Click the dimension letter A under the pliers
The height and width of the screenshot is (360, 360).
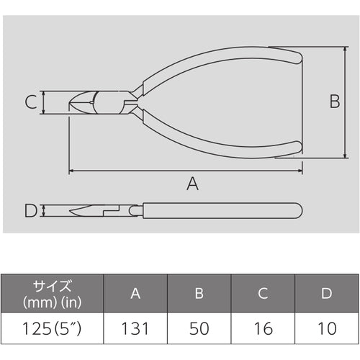click(192, 184)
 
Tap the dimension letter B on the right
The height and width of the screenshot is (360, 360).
click(334, 102)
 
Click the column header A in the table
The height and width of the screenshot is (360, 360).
click(135, 293)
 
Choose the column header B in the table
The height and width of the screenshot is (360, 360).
click(199, 293)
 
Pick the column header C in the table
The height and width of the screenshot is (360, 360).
click(264, 293)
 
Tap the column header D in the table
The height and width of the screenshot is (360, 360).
click(328, 293)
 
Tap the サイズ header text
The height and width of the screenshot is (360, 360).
click(53, 286)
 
